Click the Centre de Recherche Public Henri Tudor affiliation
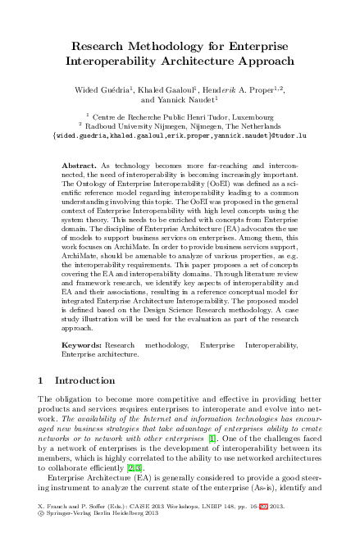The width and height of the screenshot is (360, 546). click(184, 117)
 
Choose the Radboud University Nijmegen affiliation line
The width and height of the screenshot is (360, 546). click(184, 126)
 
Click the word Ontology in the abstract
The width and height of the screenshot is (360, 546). click(93, 184)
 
